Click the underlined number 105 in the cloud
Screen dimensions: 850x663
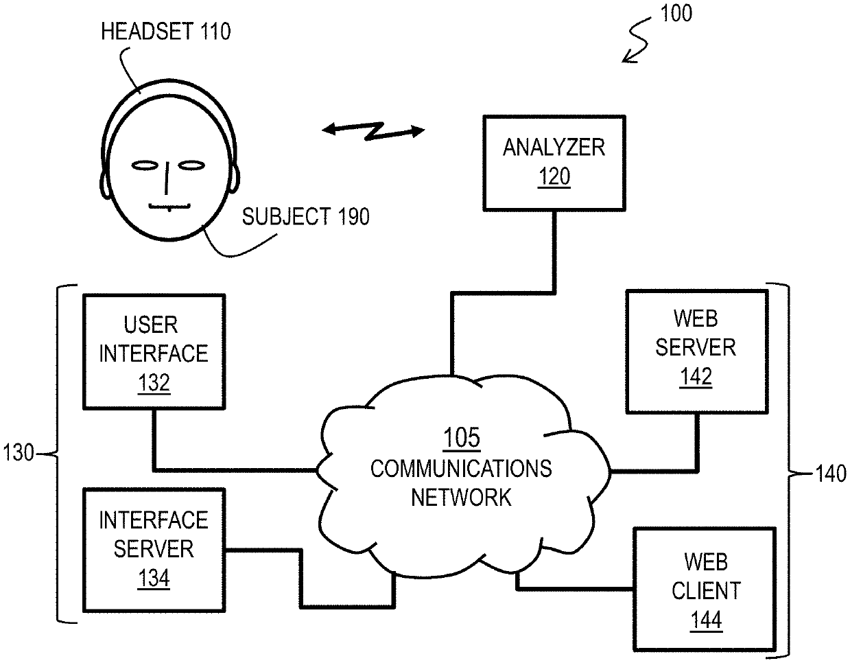click(x=462, y=437)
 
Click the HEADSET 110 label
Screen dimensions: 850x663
click(x=166, y=32)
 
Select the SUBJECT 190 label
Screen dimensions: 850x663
click(x=305, y=216)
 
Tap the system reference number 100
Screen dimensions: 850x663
click(x=676, y=13)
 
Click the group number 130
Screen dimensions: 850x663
click(x=18, y=453)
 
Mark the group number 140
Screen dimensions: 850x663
click(x=831, y=474)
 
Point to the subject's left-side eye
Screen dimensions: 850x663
click(x=144, y=166)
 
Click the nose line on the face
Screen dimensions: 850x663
click(x=167, y=178)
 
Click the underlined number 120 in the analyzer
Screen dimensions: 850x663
click(x=554, y=177)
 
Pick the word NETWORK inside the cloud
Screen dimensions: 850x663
click(x=461, y=497)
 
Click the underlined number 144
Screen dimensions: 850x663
click(x=706, y=620)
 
